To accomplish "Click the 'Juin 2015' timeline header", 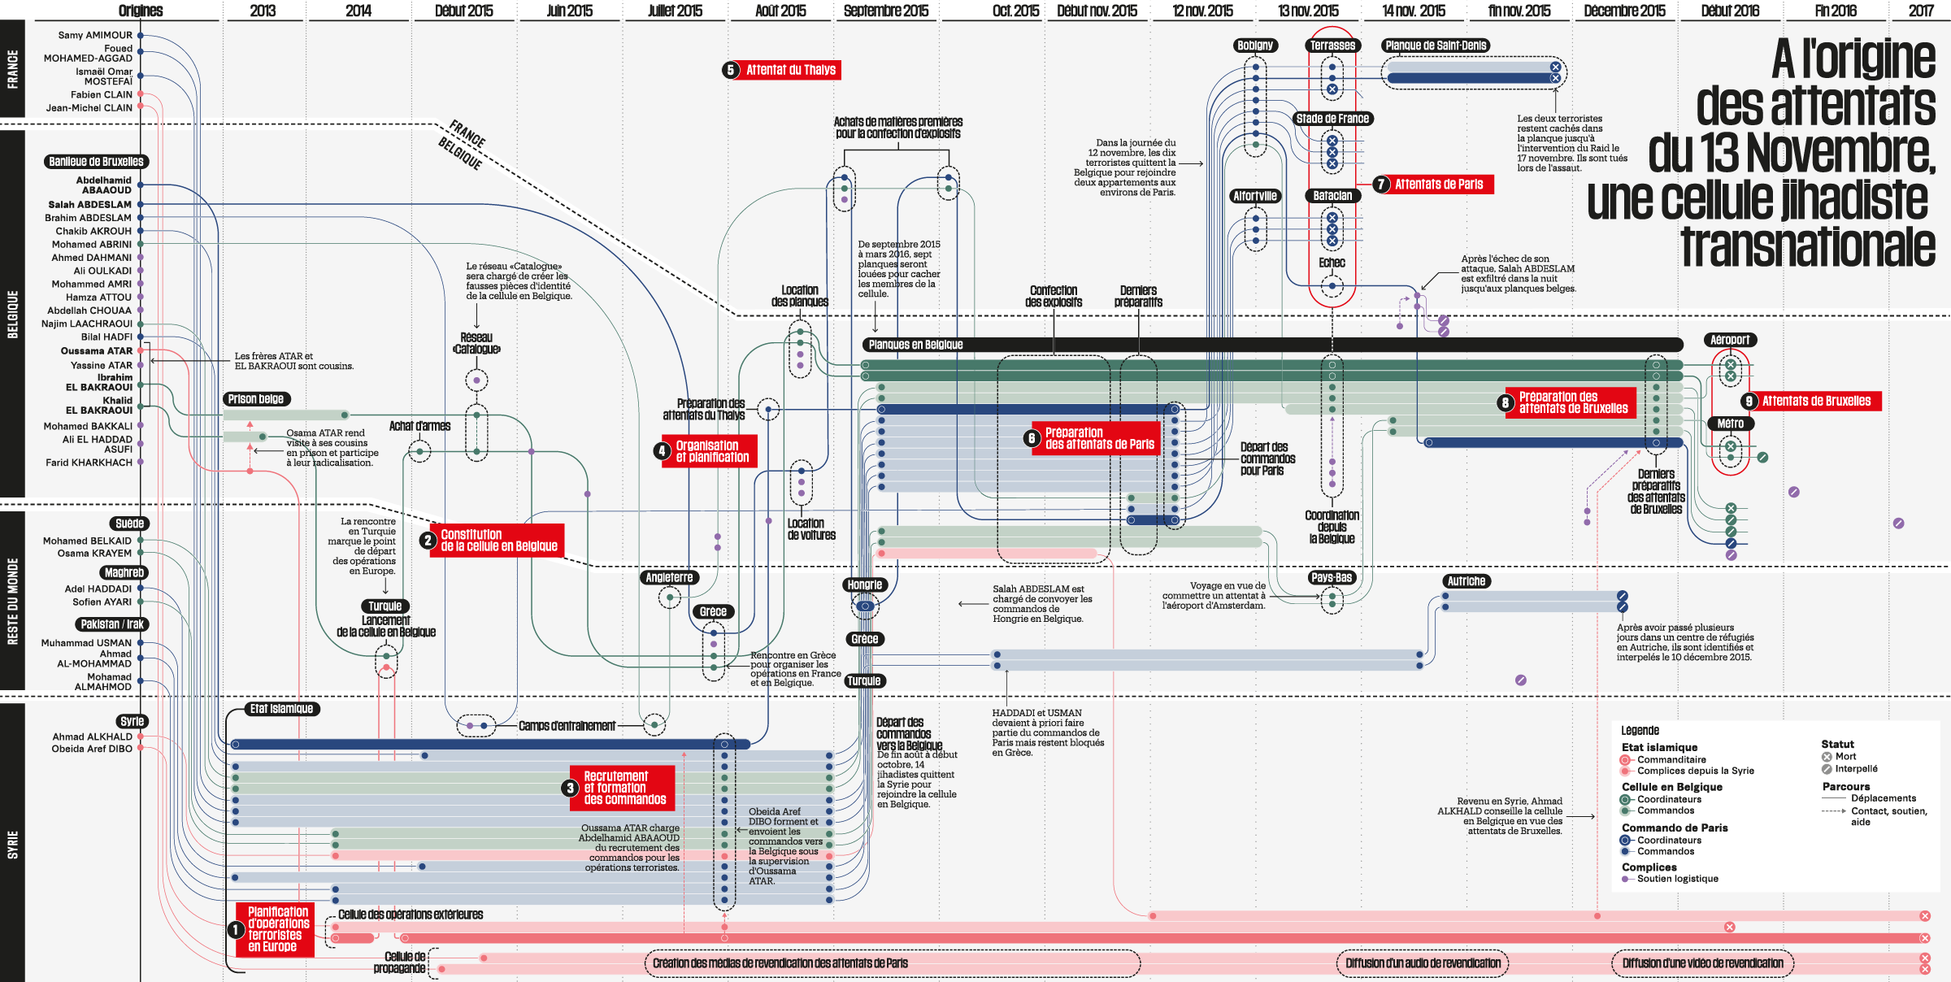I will pos(569,11).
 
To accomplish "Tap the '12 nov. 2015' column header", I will pos(1202,11).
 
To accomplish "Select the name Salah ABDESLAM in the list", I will pos(89,205).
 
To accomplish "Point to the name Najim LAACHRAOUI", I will pos(87,324).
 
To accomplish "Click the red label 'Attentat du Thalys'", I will pos(790,70).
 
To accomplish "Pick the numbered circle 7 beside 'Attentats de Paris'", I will pos(1380,185).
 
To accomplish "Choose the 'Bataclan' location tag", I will pos(1332,196).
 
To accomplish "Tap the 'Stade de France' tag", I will pos(1332,119).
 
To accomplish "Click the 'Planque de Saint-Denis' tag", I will pos(1436,46).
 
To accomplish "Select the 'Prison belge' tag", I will pos(256,399).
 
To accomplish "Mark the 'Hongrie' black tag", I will pos(864,584).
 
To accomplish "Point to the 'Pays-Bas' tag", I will pos(1332,578).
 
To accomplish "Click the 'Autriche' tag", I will pos(1467,581).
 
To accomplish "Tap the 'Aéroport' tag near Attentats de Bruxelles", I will pos(1730,340).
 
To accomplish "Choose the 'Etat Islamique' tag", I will pos(281,709).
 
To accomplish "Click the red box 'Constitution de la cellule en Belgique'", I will pos(498,541).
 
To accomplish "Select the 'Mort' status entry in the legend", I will pos(1845,757).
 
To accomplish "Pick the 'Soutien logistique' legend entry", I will pos(1677,879).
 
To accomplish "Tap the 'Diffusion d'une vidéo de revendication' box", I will pos(1702,963).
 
